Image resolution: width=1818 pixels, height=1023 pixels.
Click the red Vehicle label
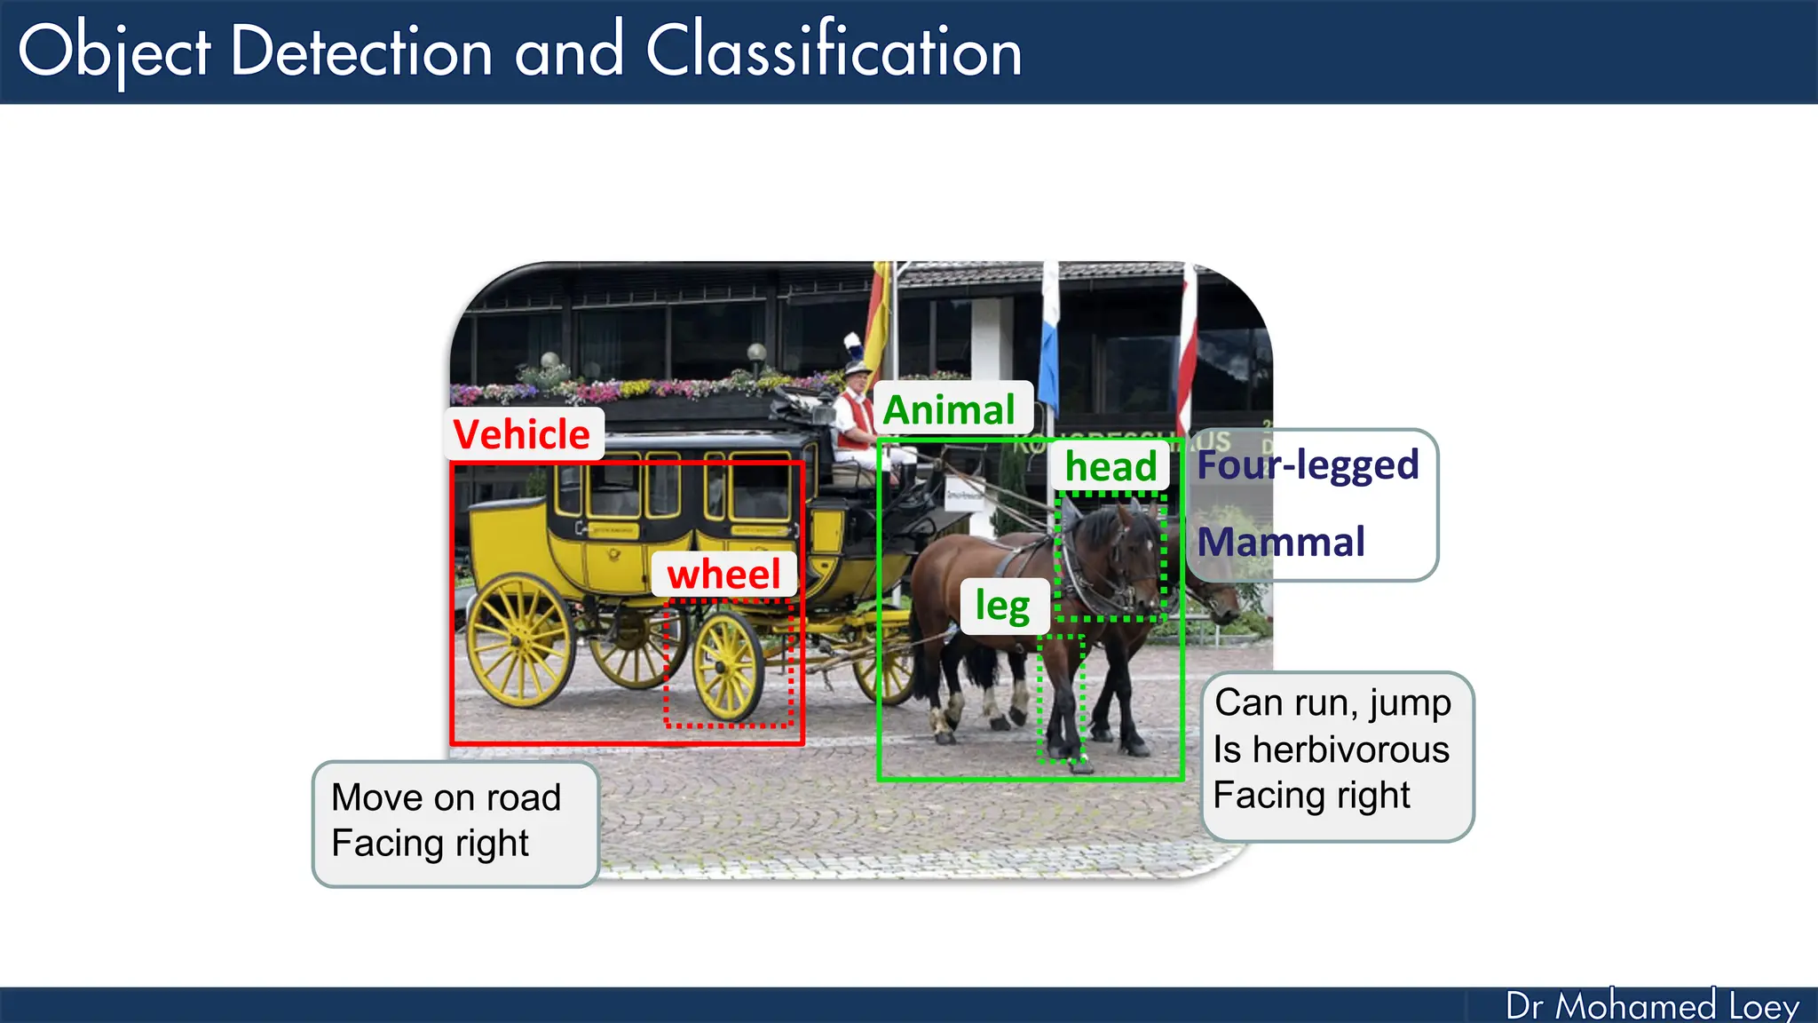click(522, 434)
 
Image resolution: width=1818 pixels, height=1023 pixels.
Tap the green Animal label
click(949, 409)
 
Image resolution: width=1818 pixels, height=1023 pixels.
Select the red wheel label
click(723, 574)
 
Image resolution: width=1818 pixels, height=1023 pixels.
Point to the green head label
click(1111, 466)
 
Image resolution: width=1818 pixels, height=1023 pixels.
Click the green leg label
click(1003, 607)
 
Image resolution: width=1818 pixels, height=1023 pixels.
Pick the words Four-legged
click(1308, 464)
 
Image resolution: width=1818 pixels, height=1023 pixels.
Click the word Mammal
click(1281, 542)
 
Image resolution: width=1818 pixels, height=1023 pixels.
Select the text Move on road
click(446, 797)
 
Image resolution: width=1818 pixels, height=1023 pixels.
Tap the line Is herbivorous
click(1331, 749)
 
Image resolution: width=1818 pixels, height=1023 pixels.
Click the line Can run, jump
click(1332, 702)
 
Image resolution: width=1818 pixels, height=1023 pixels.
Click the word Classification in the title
click(834, 52)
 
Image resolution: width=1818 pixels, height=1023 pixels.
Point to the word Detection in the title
click(360, 52)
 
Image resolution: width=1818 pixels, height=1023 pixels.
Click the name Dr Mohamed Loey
click(1652, 1006)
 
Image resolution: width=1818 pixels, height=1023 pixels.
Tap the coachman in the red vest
click(855, 417)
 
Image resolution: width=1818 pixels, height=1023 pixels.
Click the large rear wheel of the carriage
click(519, 640)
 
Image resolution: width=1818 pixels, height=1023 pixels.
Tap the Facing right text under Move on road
click(430, 844)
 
